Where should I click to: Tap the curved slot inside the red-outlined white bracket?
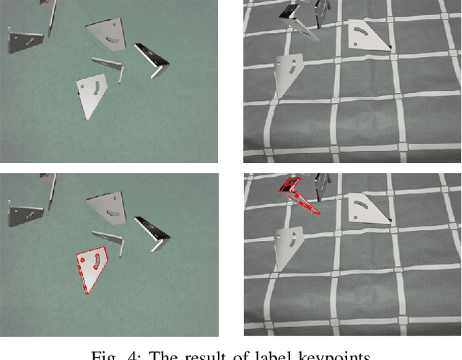(x=93, y=261)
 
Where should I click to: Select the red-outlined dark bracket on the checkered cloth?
(x=297, y=195)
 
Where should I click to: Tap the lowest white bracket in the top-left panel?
(x=92, y=93)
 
